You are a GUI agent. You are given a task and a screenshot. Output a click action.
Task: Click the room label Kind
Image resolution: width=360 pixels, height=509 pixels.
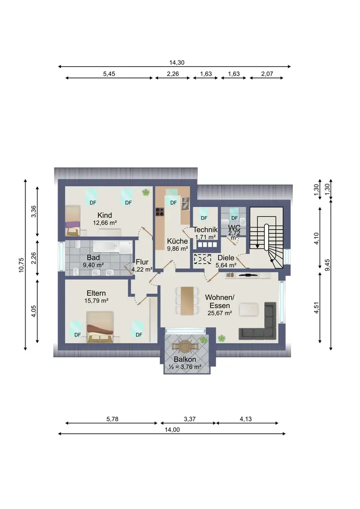[104, 215]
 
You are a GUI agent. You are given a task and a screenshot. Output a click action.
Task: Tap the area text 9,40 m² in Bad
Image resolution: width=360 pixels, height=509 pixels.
[93, 265]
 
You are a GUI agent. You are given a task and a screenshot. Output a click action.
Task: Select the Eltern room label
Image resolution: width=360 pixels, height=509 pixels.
[96, 293]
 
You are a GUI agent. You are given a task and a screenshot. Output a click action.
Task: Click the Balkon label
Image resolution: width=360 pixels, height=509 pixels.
[185, 359]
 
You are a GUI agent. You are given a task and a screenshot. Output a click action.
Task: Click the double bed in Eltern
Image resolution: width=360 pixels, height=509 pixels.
[100, 327]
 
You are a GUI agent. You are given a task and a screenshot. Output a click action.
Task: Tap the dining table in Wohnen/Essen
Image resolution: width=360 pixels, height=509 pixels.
[187, 301]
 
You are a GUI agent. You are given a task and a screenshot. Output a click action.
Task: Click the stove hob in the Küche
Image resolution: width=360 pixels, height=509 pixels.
[160, 212]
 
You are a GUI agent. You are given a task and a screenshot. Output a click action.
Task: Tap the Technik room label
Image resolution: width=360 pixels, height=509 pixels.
[206, 230]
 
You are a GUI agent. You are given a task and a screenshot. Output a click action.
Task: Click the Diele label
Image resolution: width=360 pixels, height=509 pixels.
[226, 258]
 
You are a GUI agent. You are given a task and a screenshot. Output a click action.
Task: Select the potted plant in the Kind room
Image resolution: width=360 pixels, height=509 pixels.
[146, 192]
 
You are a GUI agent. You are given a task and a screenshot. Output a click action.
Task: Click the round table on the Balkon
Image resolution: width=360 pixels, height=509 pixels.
[185, 346]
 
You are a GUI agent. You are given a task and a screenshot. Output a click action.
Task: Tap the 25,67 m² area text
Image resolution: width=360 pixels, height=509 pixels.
[220, 313]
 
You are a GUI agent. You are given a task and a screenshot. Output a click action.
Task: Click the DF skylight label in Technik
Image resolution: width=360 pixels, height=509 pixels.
[204, 218]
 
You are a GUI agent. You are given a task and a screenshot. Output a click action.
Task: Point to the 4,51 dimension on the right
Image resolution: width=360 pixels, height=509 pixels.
[317, 307]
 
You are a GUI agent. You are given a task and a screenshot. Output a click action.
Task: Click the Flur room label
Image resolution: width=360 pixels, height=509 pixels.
[142, 262]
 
